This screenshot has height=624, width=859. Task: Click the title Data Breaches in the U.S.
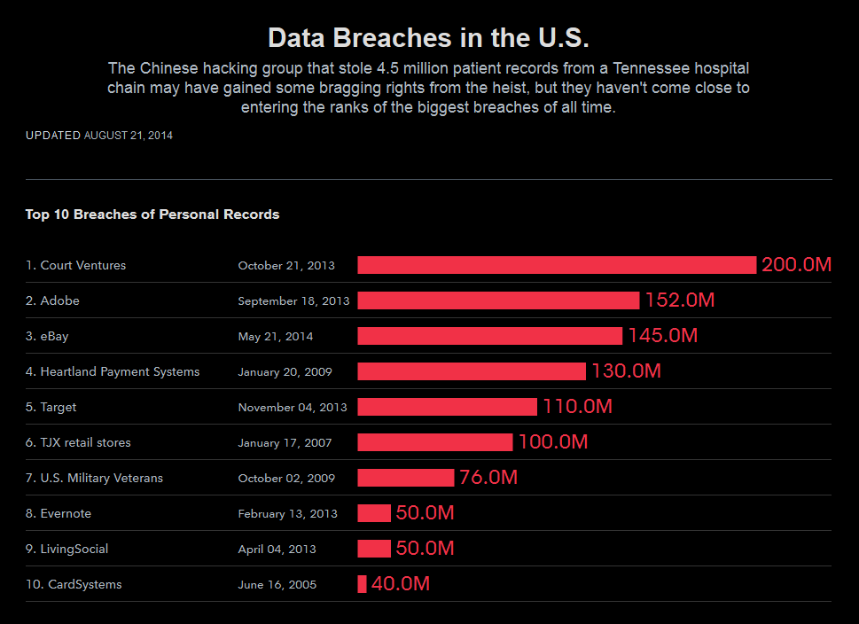(x=428, y=38)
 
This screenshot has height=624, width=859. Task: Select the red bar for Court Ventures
(x=557, y=265)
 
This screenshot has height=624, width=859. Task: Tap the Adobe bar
(x=498, y=300)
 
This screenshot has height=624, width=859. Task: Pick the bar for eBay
(x=489, y=336)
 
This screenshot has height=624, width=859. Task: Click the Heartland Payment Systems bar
(x=472, y=371)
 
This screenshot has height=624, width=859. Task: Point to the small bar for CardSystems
(x=362, y=584)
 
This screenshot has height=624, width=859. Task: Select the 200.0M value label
(x=796, y=265)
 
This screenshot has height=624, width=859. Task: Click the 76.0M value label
(x=488, y=478)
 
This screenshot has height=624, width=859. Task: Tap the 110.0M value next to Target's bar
(x=577, y=407)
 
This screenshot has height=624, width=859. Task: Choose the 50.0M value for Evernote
(x=425, y=513)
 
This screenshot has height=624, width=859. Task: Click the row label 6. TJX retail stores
(x=78, y=442)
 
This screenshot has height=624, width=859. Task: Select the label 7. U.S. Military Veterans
(x=94, y=478)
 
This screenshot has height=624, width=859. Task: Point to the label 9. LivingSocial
(x=66, y=549)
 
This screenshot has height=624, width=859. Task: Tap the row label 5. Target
(x=51, y=407)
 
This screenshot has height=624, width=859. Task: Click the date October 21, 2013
(x=286, y=265)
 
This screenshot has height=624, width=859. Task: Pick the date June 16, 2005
(x=277, y=584)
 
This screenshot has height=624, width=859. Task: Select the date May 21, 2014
(x=275, y=336)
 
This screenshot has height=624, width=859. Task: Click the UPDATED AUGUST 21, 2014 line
(x=99, y=136)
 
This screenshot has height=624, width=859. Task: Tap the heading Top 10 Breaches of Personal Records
(x=152, y=214)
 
